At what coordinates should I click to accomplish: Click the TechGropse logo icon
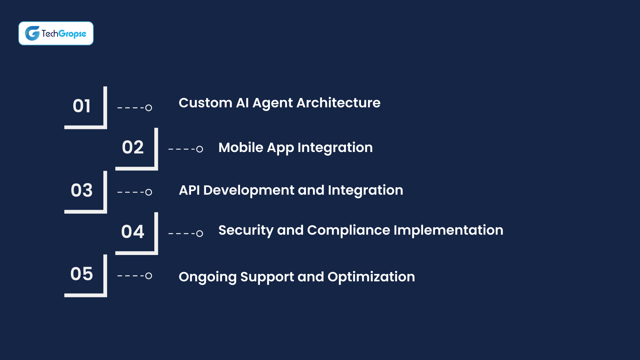[x=32, y=33]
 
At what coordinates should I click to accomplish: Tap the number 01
[x=82, y=106]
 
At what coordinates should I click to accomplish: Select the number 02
[x=133, y=147]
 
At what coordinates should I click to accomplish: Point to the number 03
[x=82, y=190]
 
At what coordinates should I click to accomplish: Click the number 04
[x=133, y=232]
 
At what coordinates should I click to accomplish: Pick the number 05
[x=82, y=274]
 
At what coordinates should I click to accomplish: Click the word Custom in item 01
[x=205, y=103]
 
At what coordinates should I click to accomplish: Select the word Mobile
[x=241, y=148]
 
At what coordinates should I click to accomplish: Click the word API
[x=189, y=190]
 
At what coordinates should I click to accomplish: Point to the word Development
[x=249, y=190]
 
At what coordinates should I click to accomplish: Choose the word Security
[x=246, y=230]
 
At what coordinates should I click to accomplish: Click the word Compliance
[x=348, y=230]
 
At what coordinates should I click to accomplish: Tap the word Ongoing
[x=207, y=277]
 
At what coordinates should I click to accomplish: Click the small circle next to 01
[x=149, y=108]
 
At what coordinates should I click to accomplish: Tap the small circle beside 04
[x=200, y=234]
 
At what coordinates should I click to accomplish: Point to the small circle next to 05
[x=149, y=276]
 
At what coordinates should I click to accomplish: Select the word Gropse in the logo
[x=72, y=34]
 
